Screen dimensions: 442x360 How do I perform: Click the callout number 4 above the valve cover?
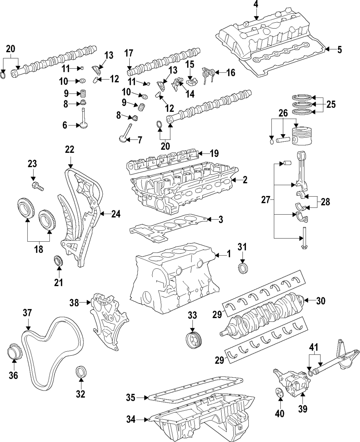(256, 5)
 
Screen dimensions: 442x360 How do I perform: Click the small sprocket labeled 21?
(58, 261)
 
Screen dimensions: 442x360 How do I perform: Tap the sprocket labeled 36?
(14, 351)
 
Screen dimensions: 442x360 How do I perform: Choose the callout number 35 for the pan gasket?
(131, 397)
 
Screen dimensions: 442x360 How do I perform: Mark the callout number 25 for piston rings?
(331, 105)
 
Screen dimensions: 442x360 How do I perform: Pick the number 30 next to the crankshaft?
(320, 300)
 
